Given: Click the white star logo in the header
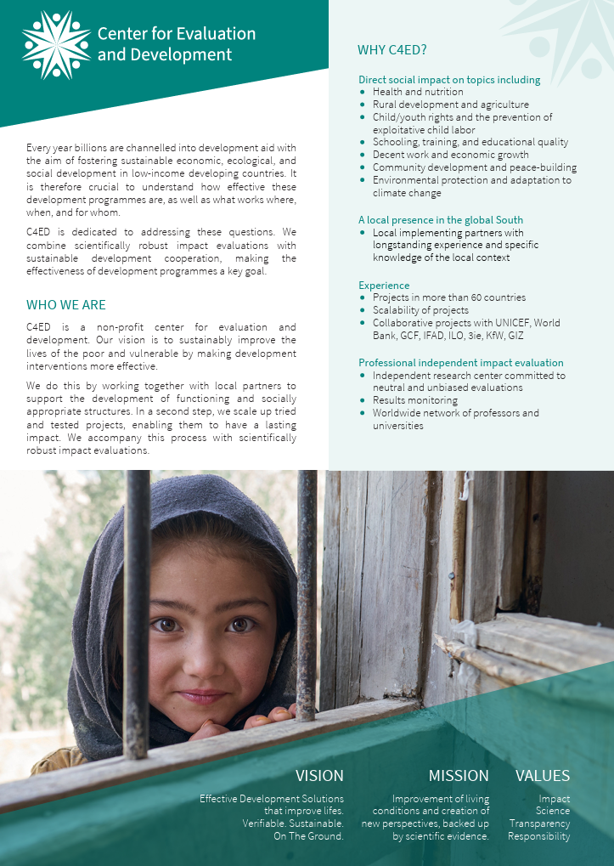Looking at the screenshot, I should pos(56,45).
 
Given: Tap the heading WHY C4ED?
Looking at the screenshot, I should pos(392,51).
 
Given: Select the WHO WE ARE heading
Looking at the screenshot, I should pos(66,305).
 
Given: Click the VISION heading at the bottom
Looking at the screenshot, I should pos(319,775).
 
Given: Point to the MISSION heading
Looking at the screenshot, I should pos(459,775).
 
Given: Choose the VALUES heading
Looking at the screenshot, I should pos(543,775).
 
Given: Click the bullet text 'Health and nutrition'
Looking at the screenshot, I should pos(418,92).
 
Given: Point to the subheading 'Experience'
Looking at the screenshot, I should pos(384,286).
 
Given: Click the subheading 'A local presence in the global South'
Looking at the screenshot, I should pos(441,220).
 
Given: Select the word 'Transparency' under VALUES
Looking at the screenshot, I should pos(539,824).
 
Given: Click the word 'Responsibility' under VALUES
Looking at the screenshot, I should pos(539,836).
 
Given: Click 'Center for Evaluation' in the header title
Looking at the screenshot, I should pos(176,34).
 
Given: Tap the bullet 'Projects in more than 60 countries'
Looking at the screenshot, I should pos(449,297).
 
